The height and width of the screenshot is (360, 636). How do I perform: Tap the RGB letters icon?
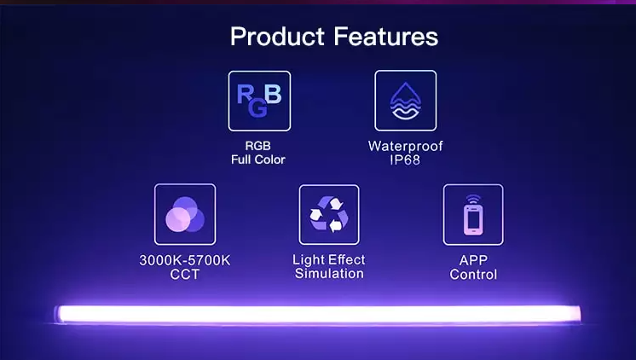pos(259,101)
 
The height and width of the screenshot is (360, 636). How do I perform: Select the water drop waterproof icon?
pos(406,101)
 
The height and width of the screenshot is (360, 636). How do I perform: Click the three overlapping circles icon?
pos(185,214)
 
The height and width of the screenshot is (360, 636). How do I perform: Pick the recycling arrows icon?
pos(329,214)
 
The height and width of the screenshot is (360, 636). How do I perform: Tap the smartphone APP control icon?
pos(473,215)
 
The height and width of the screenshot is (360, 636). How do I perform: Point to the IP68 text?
pos(406,160)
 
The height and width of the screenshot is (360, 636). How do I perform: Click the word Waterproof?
pos(406,146)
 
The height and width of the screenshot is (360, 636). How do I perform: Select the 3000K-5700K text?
pos(185,260)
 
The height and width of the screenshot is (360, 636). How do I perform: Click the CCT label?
pos(185,274)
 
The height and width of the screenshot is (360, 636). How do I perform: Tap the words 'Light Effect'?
pos(329,259)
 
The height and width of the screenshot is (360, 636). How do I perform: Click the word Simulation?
pos(329,274)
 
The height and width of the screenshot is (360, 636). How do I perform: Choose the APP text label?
pos(473,260)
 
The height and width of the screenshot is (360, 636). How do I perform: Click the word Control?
pos(473,275)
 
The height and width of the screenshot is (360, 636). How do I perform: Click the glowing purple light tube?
pos(318,314)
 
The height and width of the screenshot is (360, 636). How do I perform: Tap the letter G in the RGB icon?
pos(257,110)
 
